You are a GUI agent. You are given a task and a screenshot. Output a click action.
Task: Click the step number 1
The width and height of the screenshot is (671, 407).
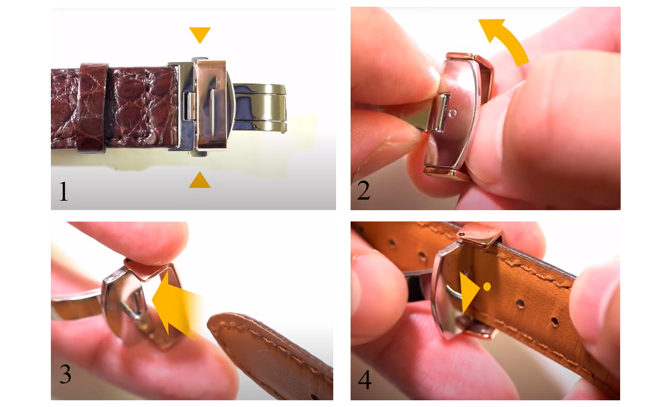point(63,191)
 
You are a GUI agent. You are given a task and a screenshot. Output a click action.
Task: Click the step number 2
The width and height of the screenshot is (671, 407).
point(363,190)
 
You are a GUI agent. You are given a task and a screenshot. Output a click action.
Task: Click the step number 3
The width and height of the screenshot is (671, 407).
point(65,374)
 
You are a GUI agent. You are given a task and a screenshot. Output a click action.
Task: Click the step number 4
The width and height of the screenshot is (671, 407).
point(365,380)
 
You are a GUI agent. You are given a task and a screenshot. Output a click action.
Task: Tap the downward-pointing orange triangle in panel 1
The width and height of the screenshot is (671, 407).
point(200,35)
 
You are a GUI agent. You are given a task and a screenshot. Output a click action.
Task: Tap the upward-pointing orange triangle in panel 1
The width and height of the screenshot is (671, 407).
point(200,181)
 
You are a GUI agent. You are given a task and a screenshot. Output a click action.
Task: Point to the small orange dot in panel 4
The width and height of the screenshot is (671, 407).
point(487,287)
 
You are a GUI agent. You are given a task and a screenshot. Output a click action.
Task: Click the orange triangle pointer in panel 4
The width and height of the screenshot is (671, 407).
point(467,292)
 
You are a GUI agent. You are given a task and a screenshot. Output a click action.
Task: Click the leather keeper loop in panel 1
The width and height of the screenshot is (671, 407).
point(92,108)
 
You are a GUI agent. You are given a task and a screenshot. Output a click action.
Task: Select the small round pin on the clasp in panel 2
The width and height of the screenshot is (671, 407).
point(453,113)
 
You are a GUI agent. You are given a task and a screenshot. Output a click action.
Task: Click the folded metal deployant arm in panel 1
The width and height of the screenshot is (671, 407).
point(259,108)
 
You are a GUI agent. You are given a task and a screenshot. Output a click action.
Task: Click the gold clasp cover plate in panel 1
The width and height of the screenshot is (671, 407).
point(212,105)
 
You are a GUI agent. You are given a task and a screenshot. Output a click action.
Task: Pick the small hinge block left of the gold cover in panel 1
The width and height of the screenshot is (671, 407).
point(190,106)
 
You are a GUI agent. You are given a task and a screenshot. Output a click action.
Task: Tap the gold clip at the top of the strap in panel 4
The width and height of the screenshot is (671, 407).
point(479,236)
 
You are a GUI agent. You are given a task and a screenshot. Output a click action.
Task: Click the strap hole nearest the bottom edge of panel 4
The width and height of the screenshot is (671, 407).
point(555,322)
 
